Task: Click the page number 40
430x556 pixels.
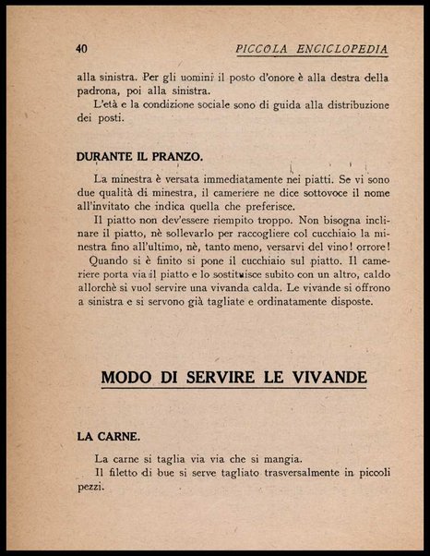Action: point(81,48)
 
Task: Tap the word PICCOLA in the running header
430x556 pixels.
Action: point(267,48)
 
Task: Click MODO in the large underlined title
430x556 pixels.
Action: point(128,377)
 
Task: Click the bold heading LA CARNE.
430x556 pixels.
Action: point(108,435)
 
